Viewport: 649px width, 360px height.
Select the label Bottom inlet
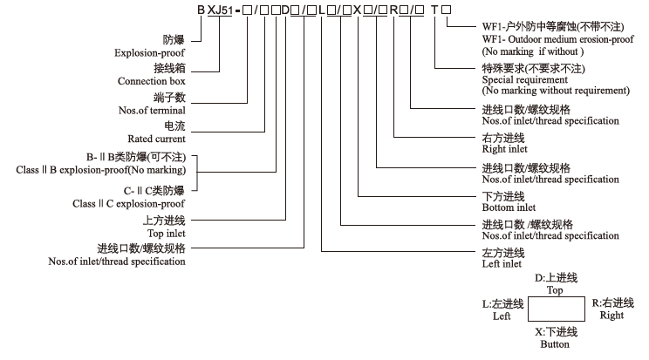point(509,207)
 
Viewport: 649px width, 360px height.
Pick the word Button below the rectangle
point(554,344)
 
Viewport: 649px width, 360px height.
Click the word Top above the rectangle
point(555,289)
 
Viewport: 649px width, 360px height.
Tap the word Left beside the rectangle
point(501,316)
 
